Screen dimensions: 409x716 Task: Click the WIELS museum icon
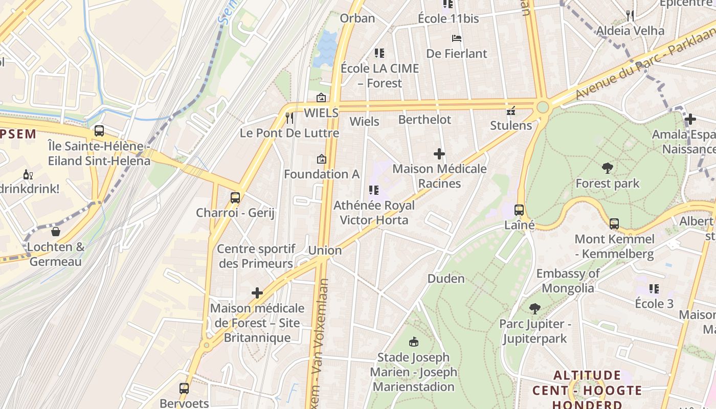pos(321,98)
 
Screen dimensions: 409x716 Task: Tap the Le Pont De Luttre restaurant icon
pos(289,118)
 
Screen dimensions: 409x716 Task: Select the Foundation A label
pos(322,174)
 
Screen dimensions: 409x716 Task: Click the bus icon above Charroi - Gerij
pos(235,197)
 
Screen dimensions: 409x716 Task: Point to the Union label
pos(325,250)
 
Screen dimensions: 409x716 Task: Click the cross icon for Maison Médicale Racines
pos(439,153)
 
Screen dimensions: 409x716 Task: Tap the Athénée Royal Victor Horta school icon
pos(374,190)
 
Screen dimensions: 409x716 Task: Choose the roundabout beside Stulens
pos(543,107)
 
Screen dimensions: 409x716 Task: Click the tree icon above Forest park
pos(608,168)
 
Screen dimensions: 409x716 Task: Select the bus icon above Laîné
pos(519,210)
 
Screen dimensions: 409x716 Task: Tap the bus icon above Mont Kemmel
pos(614,223)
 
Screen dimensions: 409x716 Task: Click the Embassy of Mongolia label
pos(568,281)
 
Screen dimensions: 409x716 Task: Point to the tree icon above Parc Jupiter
pos(535,308)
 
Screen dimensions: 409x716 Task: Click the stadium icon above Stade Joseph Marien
pos(414,342)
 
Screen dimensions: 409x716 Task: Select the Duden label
pos(446,279)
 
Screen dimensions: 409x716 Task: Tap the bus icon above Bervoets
pos(184,388)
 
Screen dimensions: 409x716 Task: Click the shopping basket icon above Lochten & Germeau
pos(56,232)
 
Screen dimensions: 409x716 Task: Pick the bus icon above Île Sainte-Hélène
pos(99,131)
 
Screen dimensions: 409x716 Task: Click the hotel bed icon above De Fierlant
pos(457,38)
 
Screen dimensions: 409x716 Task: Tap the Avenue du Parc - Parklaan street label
pos(644,60)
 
